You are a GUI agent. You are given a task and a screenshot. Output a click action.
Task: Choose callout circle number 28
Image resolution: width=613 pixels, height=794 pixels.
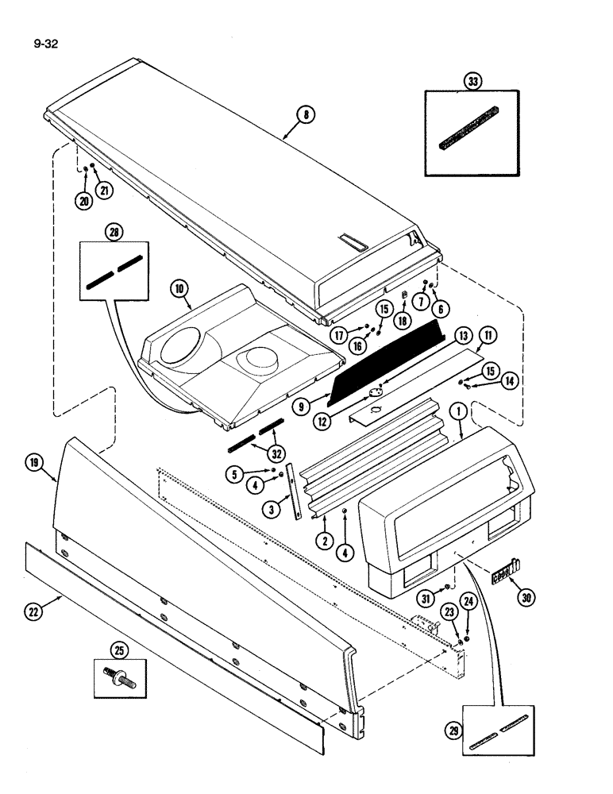click(116, 236)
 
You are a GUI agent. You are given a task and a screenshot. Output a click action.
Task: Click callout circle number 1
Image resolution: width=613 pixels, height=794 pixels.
click(459, 411)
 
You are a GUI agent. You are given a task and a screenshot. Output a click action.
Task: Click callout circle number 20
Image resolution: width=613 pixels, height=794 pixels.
click(83, 202)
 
